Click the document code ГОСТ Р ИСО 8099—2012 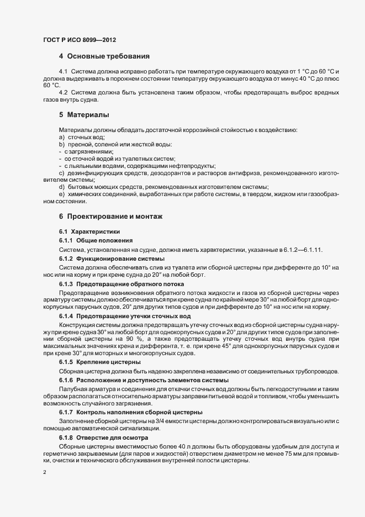(x=79, y=40)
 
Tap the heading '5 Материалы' (x=84, y=115)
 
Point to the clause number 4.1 (x=63, y=72)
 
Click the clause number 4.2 (x=63, y=92)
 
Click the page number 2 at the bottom (x=44, y=472)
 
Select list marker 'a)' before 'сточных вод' (x=61, y=136)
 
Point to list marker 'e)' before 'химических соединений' (x=61, y=194)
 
